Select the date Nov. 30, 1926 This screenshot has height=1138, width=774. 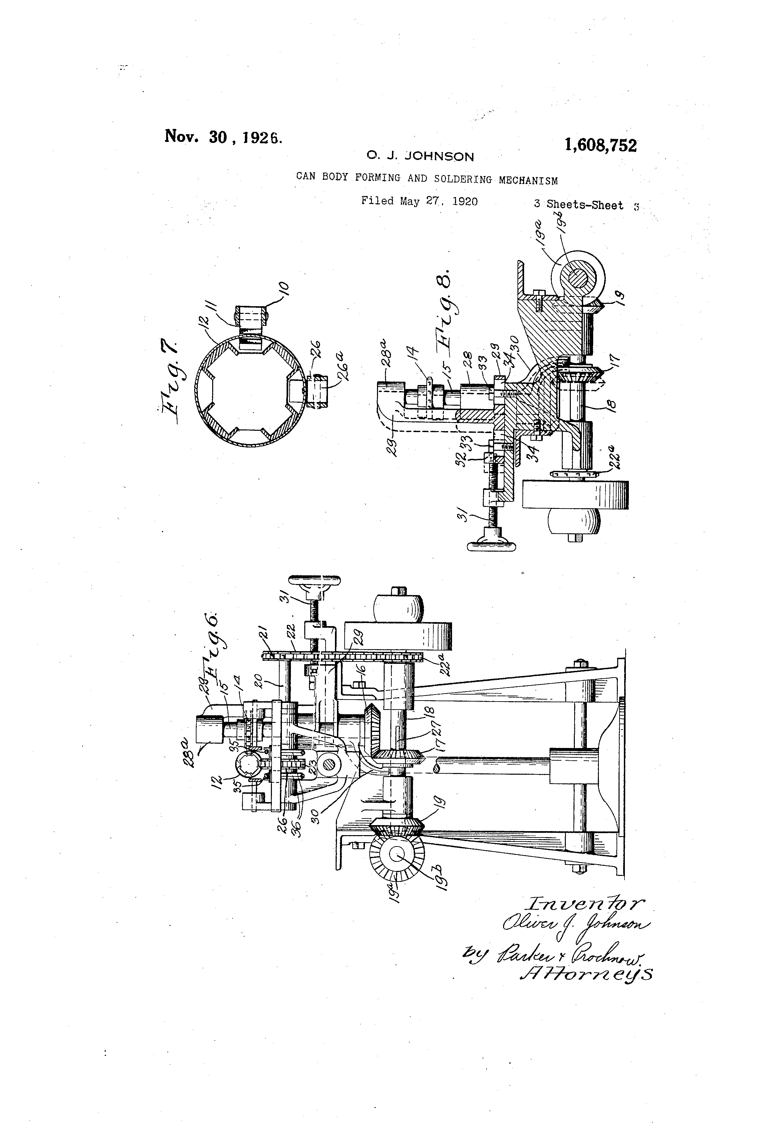click(223, 137)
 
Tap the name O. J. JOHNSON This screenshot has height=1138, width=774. click(420, 157)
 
